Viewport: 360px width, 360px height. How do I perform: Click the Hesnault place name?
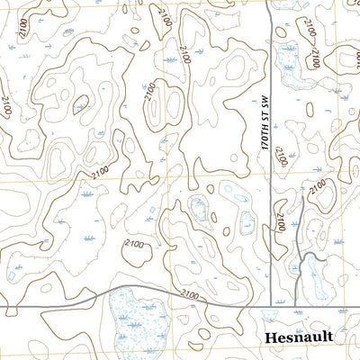[300, 337]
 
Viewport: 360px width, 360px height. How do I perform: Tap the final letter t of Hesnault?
[329, 337]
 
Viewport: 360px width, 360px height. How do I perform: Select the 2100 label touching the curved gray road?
[190, 294]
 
